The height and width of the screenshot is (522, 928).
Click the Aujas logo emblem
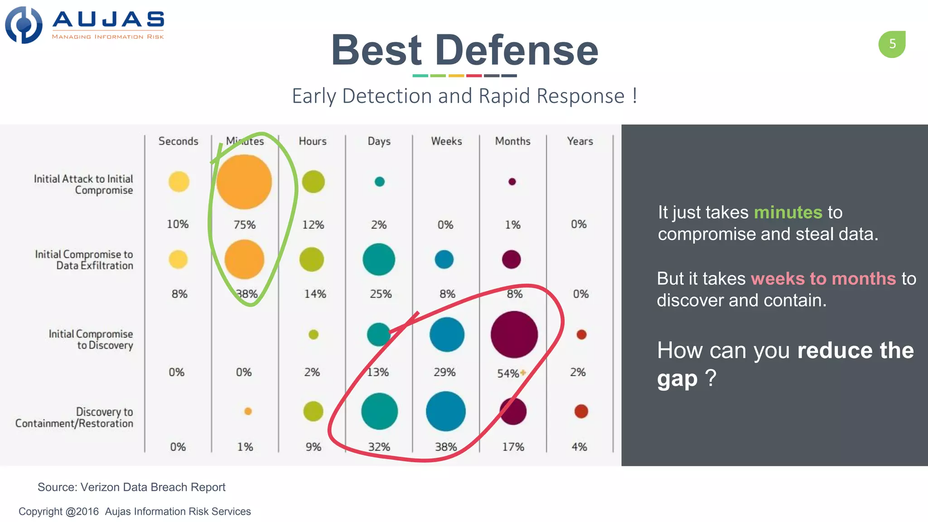click(24, 25)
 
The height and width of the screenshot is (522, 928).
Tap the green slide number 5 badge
click(892, 44)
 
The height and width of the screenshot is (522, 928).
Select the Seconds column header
click(178, 141)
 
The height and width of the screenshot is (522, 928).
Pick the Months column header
click(512, 141)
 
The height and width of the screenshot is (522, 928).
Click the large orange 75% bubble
click(244, 182)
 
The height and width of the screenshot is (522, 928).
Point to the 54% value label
click(508, 373)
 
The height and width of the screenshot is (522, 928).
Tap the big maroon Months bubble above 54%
click(514, 334)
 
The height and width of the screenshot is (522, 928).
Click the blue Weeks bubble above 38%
click(446, 411)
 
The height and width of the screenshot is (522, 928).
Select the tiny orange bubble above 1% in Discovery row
click(248, 411)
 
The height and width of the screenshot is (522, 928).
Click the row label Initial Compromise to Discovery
click(91, 339)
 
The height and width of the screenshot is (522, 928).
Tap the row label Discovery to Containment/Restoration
click(75, 417)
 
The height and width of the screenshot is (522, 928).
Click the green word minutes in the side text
click(788, 213)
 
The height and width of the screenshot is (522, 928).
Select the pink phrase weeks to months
click(823, 279)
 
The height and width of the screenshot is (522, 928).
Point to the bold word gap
click(677, 379)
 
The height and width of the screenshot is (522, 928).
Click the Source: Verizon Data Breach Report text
click(131, 487)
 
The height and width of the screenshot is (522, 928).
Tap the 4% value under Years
click(579, 447)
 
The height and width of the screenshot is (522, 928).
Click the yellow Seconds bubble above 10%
click(179, 182)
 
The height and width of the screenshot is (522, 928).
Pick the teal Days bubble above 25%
click(379, 260)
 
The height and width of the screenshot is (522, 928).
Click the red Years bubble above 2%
click(581, 335)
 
